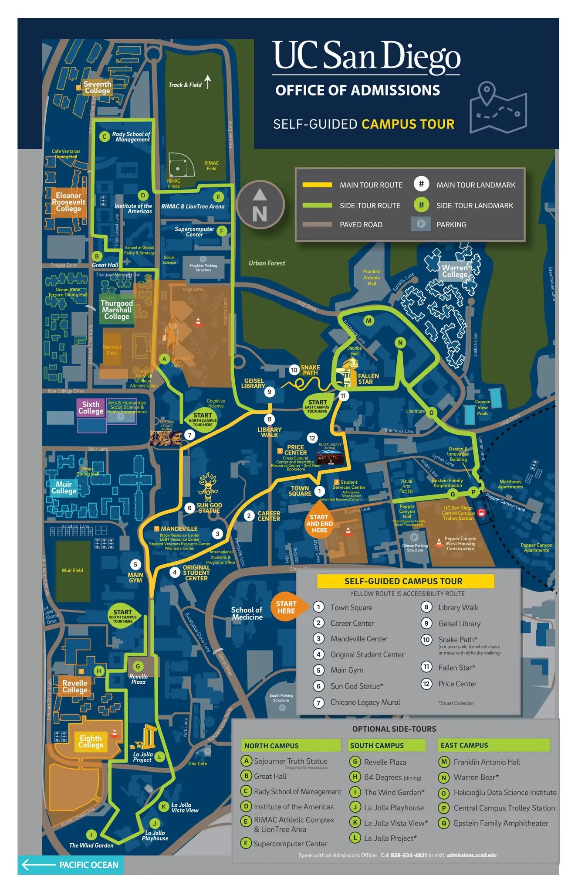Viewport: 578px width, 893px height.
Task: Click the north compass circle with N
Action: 260,205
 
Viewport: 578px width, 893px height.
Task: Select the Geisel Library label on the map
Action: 253,383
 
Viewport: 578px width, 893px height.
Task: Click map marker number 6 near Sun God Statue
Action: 189,508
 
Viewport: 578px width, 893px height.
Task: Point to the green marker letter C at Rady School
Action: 105,136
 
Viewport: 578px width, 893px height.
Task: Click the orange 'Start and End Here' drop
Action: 319,522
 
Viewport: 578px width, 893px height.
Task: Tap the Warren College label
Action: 455,271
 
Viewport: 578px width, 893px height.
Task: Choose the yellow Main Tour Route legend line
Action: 317,185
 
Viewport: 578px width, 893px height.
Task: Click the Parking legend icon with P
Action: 421,224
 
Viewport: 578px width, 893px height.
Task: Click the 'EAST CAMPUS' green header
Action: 493,745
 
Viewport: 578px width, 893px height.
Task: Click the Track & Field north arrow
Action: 208,82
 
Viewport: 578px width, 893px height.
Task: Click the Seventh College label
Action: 97,87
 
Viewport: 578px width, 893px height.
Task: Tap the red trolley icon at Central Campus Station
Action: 481,513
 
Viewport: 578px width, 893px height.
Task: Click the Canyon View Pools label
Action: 482,407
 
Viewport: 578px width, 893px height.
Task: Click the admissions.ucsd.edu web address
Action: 471,855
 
